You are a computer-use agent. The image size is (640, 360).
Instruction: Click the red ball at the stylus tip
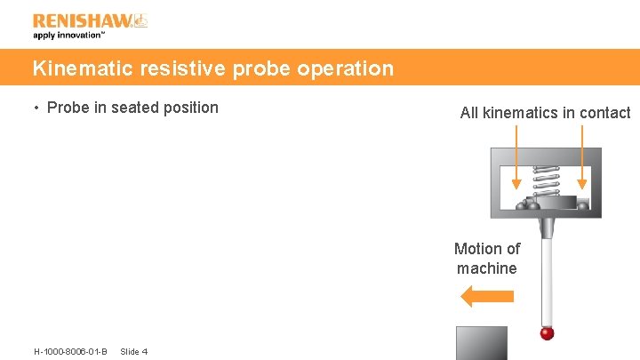coord(548,332)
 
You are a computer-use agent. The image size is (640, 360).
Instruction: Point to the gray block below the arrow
coord(482,342)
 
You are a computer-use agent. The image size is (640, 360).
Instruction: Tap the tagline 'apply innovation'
coord(69,36)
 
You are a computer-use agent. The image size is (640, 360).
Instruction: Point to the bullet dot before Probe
coord(36,108)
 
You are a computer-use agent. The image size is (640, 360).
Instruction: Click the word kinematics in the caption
coord(524,113)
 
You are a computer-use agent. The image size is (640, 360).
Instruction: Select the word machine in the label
coord(487,268)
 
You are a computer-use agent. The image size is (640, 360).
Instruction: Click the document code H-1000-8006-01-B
coord(70,352)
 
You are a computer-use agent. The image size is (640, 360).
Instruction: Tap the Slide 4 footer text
coord(133,352)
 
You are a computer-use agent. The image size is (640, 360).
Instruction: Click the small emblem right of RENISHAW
coord(140,20)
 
